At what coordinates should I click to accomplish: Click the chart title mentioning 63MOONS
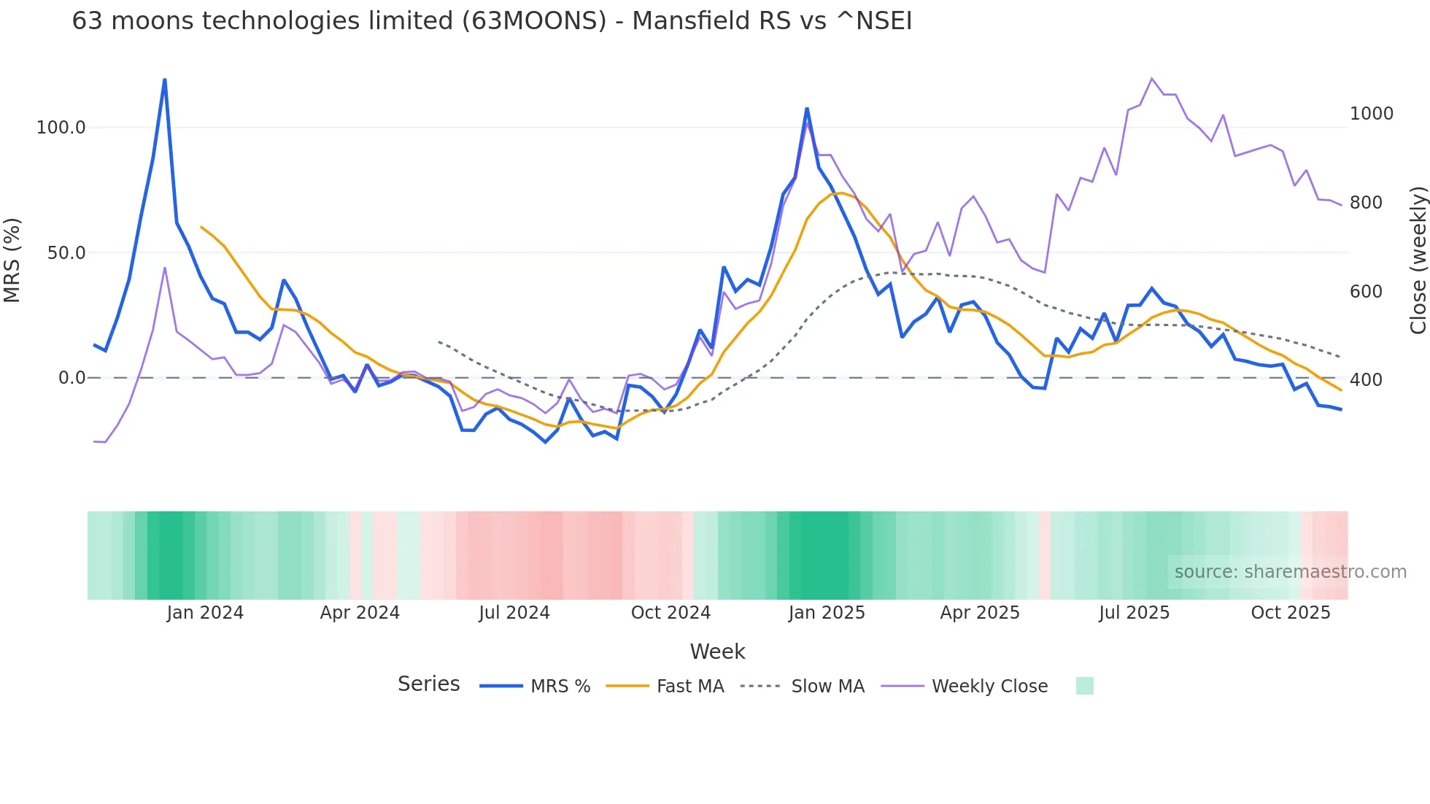tap(492, 21)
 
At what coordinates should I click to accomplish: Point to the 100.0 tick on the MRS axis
tap(61, 128)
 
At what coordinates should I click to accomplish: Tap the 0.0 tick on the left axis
tap(71, 378)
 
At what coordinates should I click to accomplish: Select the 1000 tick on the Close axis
tap(1371, 114)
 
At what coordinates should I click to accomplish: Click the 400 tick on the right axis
tap(1366, 380)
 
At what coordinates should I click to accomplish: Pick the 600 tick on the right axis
tap(1366, 292)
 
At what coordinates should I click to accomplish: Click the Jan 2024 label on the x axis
tap(205, 613)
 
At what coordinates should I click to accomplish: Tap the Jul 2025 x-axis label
tap(1134, 613)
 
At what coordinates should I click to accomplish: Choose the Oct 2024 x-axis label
tap(670, 613)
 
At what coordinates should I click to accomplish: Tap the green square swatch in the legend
tap(1084, 686)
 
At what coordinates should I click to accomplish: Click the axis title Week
tap(717, 652)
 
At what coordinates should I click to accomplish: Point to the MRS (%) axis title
tap(12, 260)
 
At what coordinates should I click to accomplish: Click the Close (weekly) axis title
tap(1418, 260)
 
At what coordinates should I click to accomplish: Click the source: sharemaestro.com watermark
tap(1290, 572)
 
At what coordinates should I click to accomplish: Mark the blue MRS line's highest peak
tap(165, 80)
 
